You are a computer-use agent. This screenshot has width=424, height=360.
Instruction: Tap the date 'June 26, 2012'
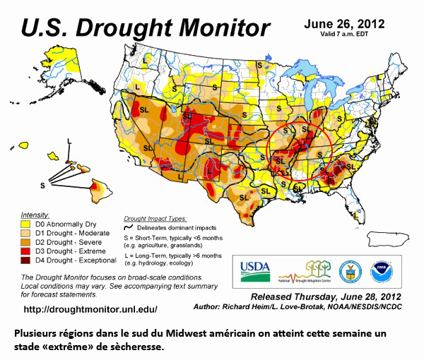pos(344,23)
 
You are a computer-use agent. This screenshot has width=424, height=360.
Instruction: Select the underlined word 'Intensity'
pos(35,214)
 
